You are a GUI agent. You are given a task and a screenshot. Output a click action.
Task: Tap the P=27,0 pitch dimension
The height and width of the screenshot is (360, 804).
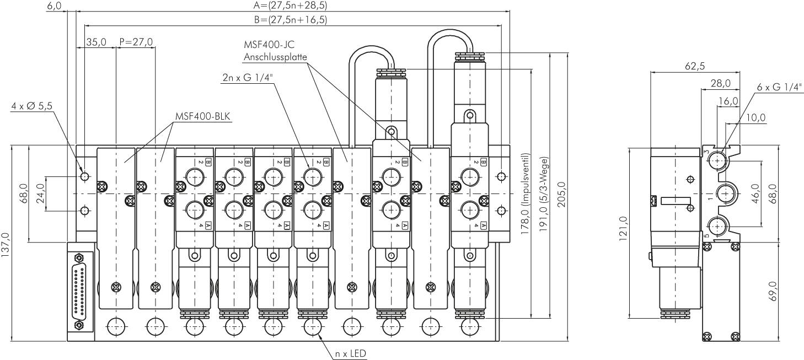(x=136, y=42)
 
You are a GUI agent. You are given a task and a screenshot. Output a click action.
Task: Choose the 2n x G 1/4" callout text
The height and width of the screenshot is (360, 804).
(x=248, y=78)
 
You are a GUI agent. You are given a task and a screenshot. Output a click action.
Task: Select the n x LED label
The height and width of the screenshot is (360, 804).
(x=350, y=353)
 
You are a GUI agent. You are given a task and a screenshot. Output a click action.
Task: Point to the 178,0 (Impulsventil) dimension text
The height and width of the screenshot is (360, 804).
(x=526, y=194)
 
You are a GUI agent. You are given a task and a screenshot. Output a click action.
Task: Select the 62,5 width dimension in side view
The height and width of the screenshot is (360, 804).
(x=695, y=66)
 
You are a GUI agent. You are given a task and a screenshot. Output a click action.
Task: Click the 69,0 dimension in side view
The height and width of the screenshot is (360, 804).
(x=773, y=291)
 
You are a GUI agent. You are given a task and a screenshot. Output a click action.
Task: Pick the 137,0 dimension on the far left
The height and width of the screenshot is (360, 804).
(x=6, y=243)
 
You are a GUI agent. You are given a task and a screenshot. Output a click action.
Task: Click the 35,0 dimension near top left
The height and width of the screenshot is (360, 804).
(x=97, y=42)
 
